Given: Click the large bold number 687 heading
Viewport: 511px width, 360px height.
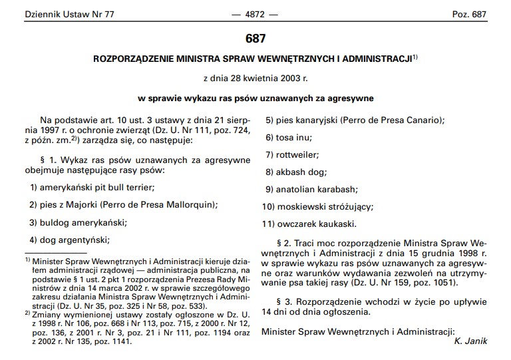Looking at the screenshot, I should pyautogui.click(x=255, y=39).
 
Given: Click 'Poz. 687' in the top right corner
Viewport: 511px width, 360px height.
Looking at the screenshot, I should pyautogui.click(x=470, y=14).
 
